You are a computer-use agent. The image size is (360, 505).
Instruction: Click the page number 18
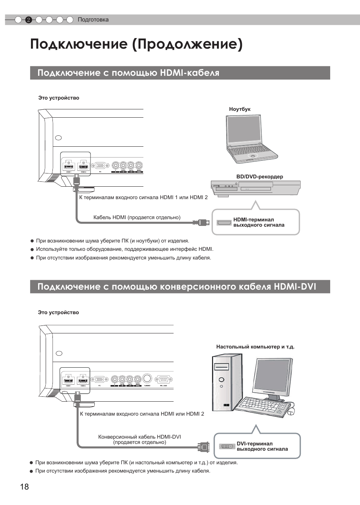[x=24, y=487]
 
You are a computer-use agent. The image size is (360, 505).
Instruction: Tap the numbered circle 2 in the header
[x=28, y=20]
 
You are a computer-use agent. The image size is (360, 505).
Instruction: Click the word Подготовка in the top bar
[x=93, y=20]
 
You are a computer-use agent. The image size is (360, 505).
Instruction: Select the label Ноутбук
[x=240, y=109]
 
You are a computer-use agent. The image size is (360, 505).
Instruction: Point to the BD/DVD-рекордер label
[x=260, y=177]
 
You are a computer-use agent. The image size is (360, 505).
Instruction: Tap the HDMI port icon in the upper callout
[x=224, y=223]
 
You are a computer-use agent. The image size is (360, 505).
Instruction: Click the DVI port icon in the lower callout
[x=227, y=447]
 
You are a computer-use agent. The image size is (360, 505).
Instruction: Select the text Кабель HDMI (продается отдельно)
[x=137, y=217]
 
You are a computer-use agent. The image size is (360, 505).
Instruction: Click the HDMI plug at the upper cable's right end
[x=202, y=223]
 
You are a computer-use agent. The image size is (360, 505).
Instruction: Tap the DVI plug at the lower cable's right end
[x=204, y=447]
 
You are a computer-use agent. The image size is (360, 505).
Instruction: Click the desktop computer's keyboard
[x=264, y=407]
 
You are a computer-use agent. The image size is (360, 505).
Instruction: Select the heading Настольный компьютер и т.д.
[x=255, y=347]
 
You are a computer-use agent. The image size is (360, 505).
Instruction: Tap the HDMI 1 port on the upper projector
[x=69, y=166]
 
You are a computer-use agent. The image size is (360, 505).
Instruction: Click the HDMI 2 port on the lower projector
[x=83, y=380]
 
